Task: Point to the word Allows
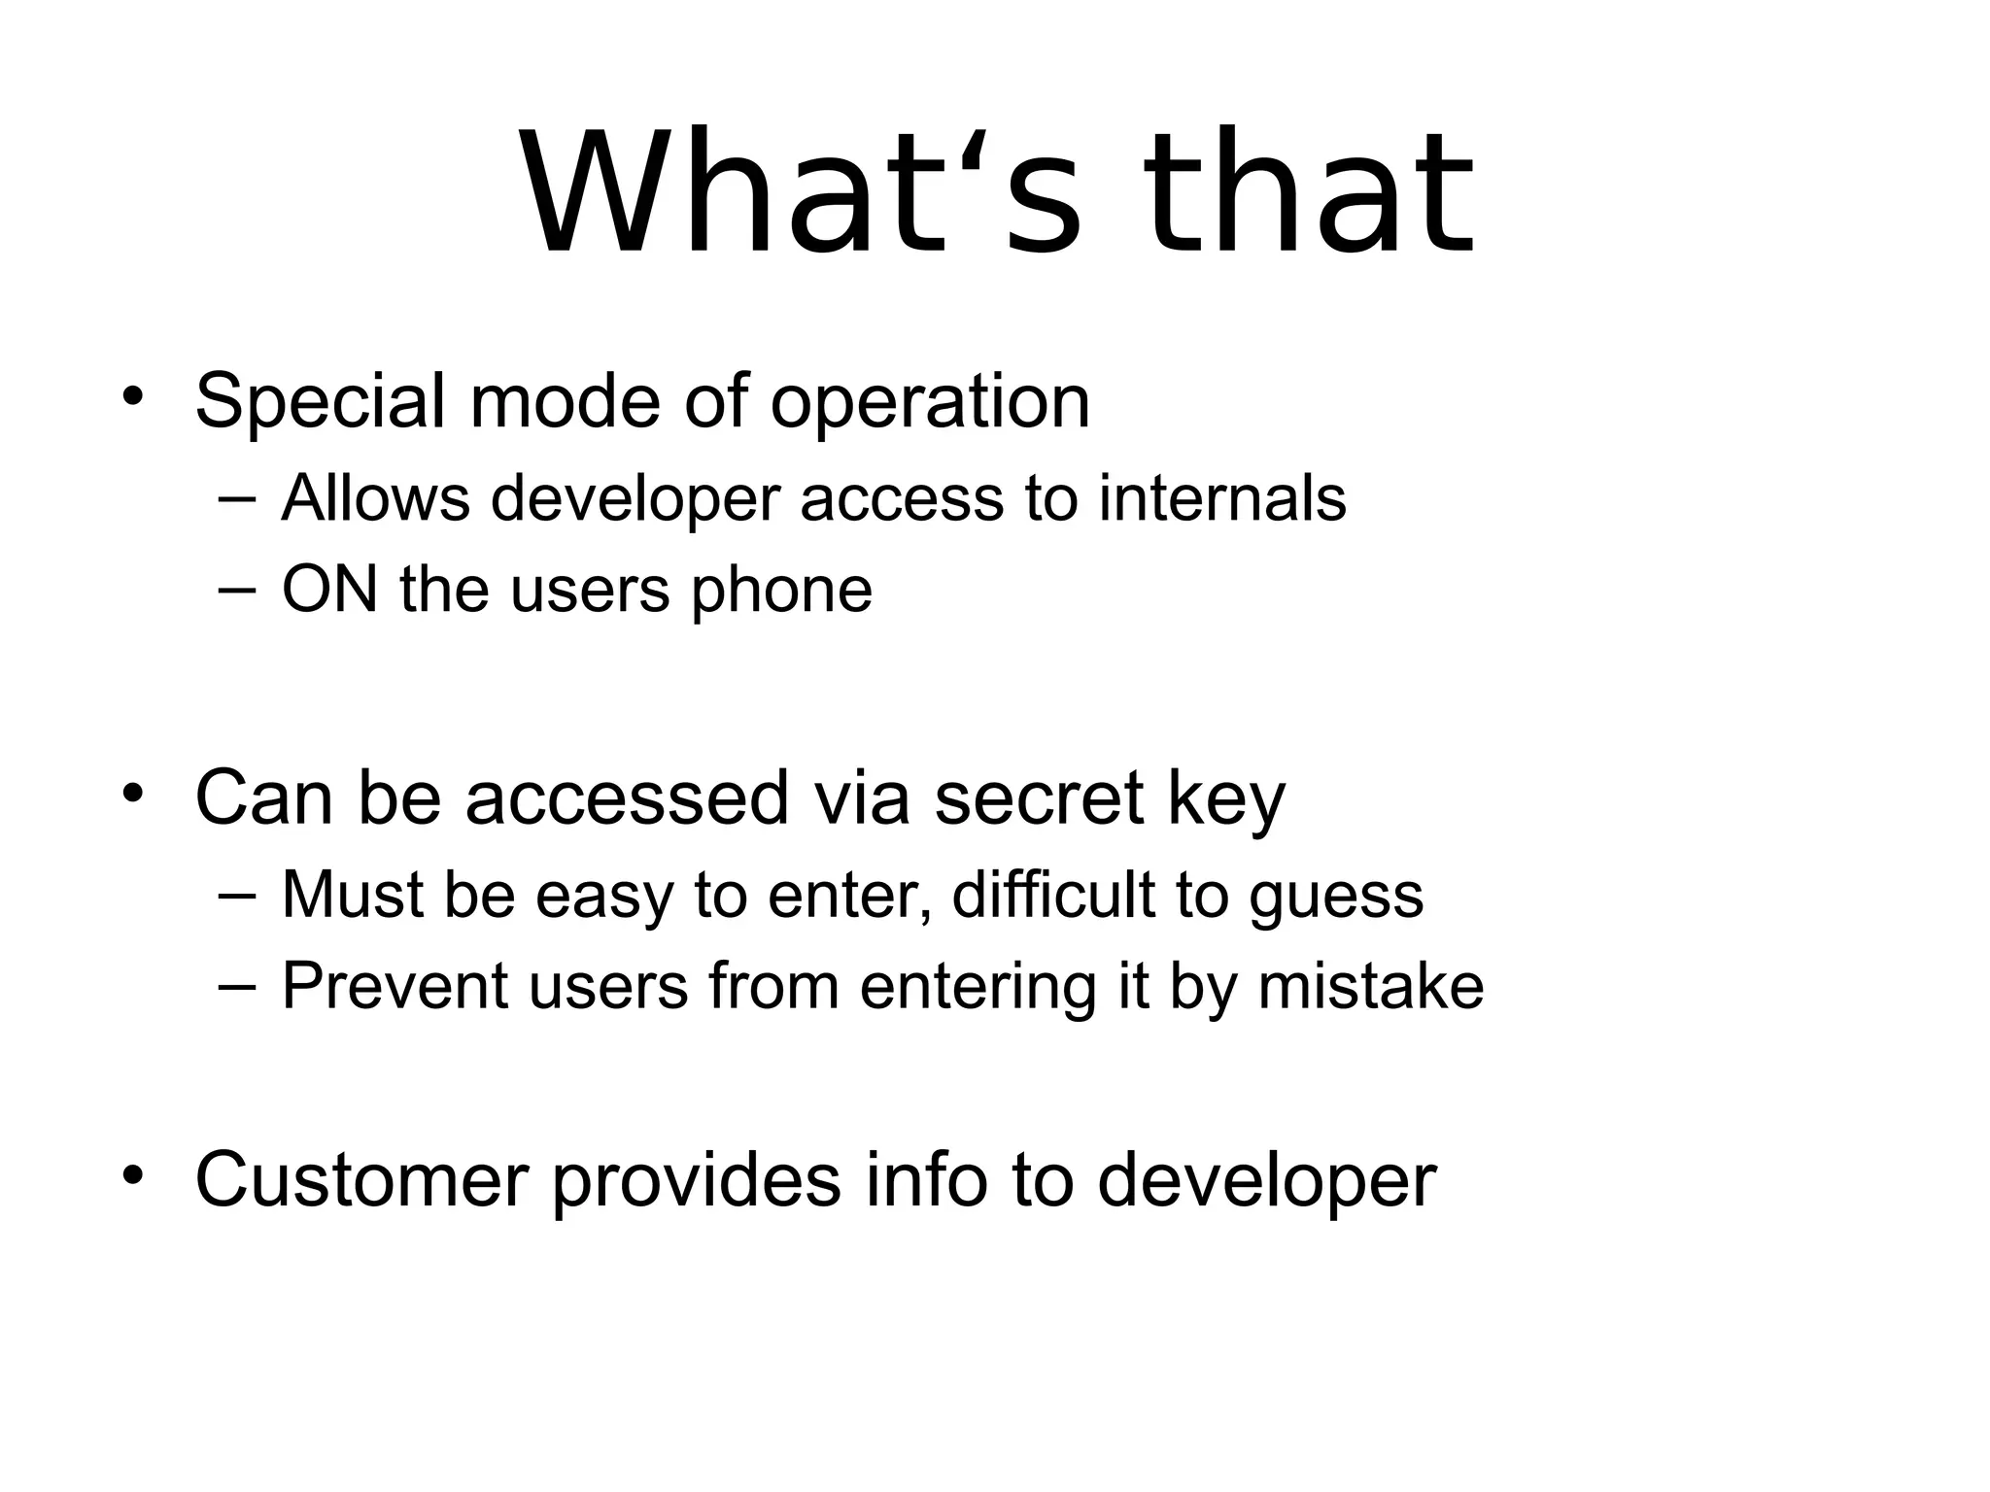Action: point(375,498)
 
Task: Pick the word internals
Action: point(1222,498)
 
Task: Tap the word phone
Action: point(781,592)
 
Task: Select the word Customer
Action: point(362,1180)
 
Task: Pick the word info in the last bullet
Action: point(927,1180)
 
